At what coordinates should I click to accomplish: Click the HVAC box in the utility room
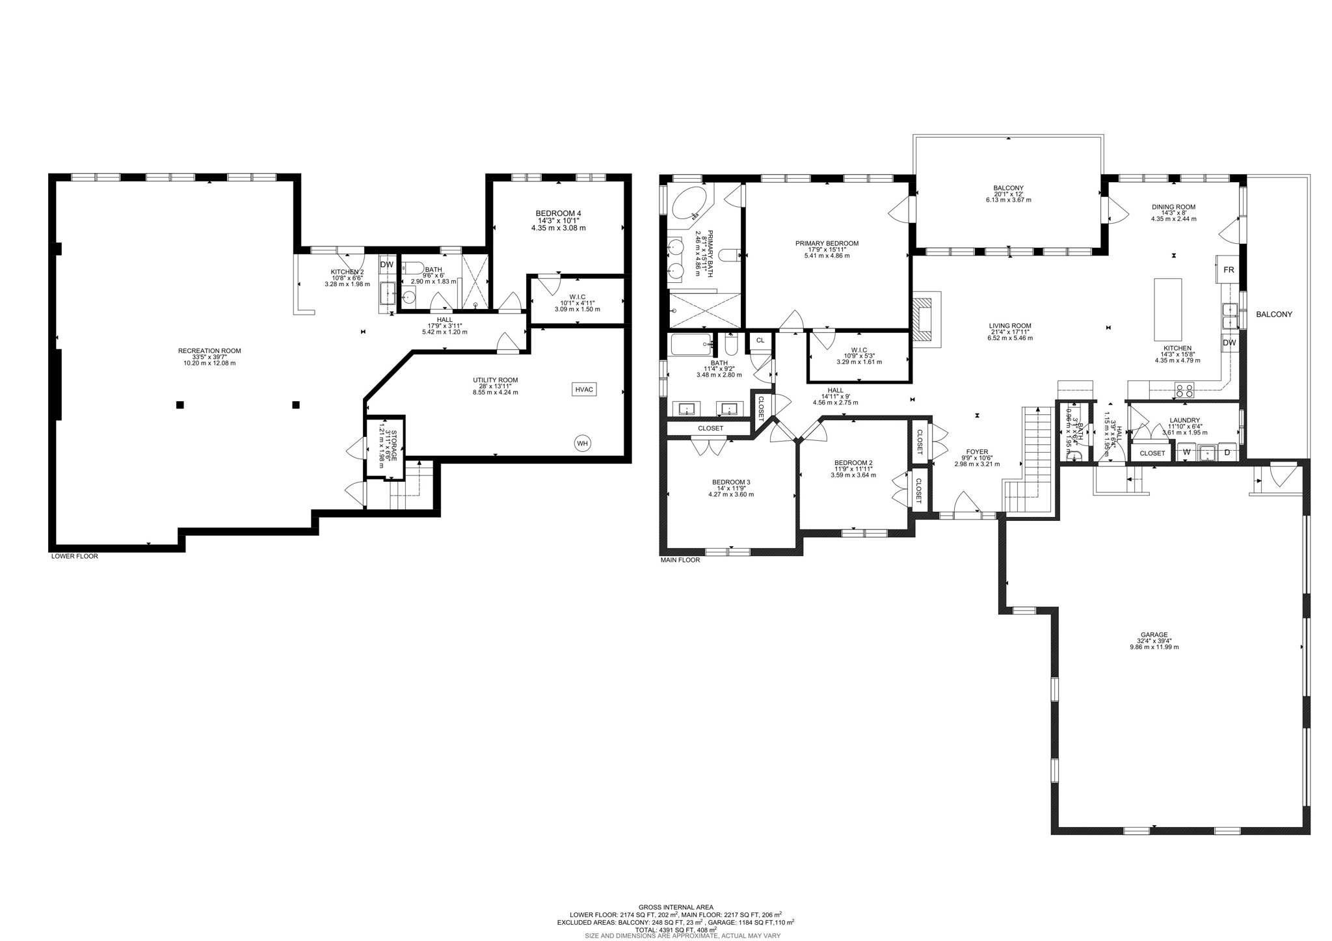point(584,389)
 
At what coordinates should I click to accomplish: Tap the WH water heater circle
point(582,444)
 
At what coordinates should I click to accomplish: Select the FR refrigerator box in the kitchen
point(1229,269)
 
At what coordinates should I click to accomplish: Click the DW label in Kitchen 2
point(386,265)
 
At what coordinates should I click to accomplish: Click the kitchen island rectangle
point(1167,309)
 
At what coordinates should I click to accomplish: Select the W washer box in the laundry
point(1186,452)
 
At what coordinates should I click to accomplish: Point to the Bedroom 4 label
point(558,213)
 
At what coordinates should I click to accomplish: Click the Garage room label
point(1154,635)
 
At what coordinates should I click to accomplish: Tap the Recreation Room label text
point(209,351)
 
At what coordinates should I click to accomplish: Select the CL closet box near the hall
point(760,340)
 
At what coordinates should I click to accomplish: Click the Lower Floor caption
point(75,556)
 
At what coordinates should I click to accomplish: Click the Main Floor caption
point(680,560)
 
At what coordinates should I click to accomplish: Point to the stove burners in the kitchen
point(1184,391)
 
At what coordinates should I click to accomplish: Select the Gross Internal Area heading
point(675,907)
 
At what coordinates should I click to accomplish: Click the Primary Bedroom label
point(827,243)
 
